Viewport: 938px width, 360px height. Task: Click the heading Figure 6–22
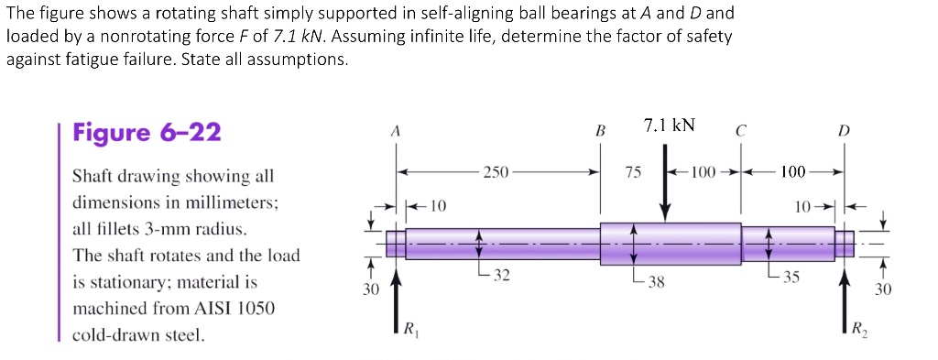147,134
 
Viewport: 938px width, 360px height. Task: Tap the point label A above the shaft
396,131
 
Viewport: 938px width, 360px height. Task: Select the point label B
601,131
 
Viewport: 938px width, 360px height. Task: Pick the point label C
739,131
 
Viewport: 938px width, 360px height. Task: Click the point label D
844,131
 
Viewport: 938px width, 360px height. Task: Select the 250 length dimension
496,171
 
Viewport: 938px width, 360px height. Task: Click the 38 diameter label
656,281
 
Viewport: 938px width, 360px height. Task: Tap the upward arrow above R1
396,284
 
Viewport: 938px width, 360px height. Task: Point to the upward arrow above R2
844,284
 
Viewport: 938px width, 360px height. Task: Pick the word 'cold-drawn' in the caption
113,335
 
